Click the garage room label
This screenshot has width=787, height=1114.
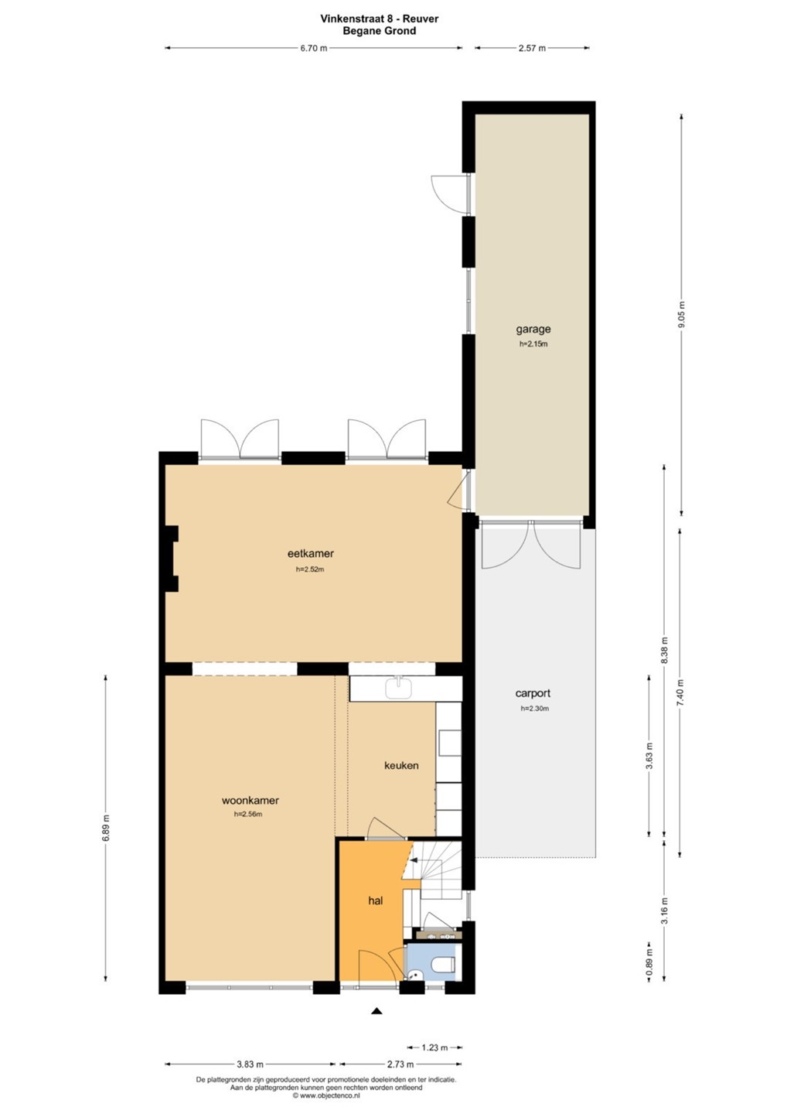pyautogui.click(x=533, y=330)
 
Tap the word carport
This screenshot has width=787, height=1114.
pyautogui.click(x=533, y=693)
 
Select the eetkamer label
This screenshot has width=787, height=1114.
pyautogui.click(x=311, y=553)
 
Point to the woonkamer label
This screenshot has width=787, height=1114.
pyautogui.click(x=250, y=801)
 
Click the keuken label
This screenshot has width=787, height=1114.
pyautogui.click(x=401, y=765)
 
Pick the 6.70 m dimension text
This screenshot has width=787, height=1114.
pyautogui.click(x=314, y=48)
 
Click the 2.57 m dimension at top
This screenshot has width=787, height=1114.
pyautogui.click(x=532, y=48)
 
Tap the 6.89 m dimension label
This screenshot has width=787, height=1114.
pyautogui.click(x=105, y=829)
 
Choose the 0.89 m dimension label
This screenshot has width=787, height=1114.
pyautogui.click(x=649, y=968)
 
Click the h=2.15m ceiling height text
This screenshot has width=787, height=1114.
pyautogui.click(x=533, y=343)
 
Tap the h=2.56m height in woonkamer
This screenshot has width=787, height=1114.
pyautogui.click(x=248, y=814)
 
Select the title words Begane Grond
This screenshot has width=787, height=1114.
pyautogui.click(x=379, y=31)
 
